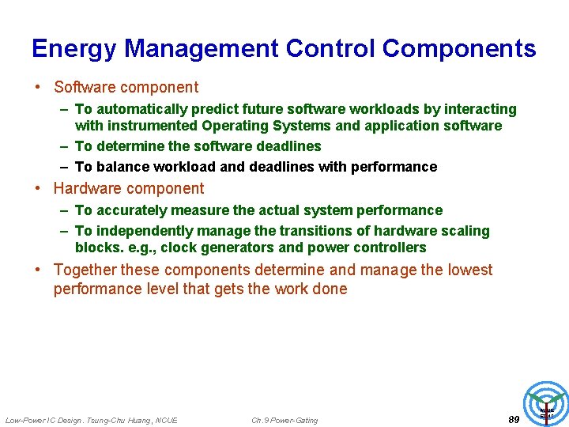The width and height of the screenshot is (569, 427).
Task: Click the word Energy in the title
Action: coord(74,49)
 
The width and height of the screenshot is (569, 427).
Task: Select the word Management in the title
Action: coord(202,49)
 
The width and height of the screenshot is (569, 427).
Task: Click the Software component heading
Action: coord(126,87)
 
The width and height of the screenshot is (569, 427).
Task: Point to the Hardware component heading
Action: coord(128,188)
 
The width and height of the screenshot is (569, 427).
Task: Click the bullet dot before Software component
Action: coord(37,88)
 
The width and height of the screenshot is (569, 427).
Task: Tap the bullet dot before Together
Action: coord(37,270)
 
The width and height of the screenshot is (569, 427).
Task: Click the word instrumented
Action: coord(153,126)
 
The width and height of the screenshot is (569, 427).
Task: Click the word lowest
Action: coord(468,270)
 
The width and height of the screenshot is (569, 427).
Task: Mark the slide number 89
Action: coord(513,419)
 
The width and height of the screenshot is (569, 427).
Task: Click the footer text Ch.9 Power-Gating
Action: coord(284,420)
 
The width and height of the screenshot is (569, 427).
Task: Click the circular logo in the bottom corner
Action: coord(546,405)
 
